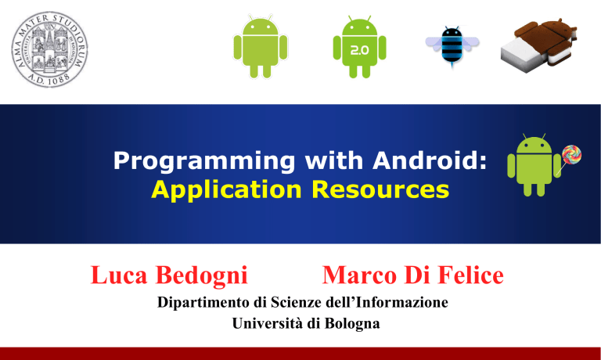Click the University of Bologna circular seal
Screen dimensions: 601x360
point(49,49)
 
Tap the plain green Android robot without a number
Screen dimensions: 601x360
point(261,46)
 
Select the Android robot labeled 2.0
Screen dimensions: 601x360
point(359,47)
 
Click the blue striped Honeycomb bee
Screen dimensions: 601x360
point(452,46)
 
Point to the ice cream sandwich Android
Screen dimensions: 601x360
point(538,45)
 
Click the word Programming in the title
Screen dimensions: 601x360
point(204,161)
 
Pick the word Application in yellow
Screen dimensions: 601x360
point(226,190)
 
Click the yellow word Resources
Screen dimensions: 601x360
point(380,189)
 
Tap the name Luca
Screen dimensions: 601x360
point(119,275)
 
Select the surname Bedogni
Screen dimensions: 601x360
point(202,276)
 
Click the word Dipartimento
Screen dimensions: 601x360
point(203,303)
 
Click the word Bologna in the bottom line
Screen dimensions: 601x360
point(352,324)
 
